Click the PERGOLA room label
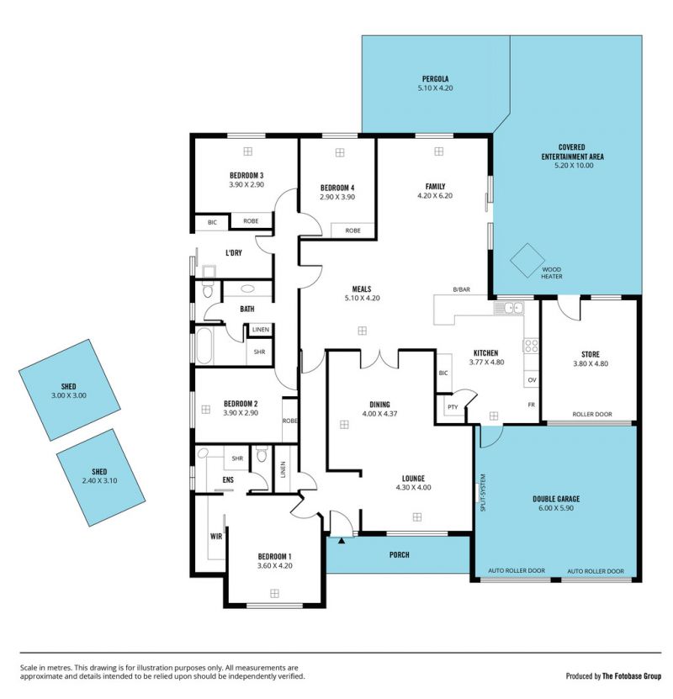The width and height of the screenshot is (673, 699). pos(436,79)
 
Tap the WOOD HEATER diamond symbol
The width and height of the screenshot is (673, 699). pos(527,261)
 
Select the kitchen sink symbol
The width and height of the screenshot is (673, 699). pos(509,307)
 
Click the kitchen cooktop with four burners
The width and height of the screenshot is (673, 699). pos(531,346)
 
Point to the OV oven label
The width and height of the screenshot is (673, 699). pos(532,380)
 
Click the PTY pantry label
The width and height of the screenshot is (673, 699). pos(453,407)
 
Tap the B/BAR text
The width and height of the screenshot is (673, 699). pos(461,289)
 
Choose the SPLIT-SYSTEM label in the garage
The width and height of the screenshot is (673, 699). pos(483,492)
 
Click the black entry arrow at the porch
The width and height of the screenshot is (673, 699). pos(342,541)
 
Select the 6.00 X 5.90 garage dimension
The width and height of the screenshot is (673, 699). pos(556,508)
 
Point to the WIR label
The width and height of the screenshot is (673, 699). pos(216,537)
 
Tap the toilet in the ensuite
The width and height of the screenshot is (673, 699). pos(262,454)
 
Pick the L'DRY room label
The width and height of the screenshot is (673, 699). pos(234,252)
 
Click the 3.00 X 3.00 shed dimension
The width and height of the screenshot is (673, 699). pos(68,395)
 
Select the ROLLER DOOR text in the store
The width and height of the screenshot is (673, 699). pos(592,414)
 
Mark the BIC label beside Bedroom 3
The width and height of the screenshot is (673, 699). pos(212,222)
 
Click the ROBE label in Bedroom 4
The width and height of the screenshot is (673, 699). pos(353,230)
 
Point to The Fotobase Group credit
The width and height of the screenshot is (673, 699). pos(632,676)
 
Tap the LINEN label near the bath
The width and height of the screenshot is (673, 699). pos(261,330)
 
